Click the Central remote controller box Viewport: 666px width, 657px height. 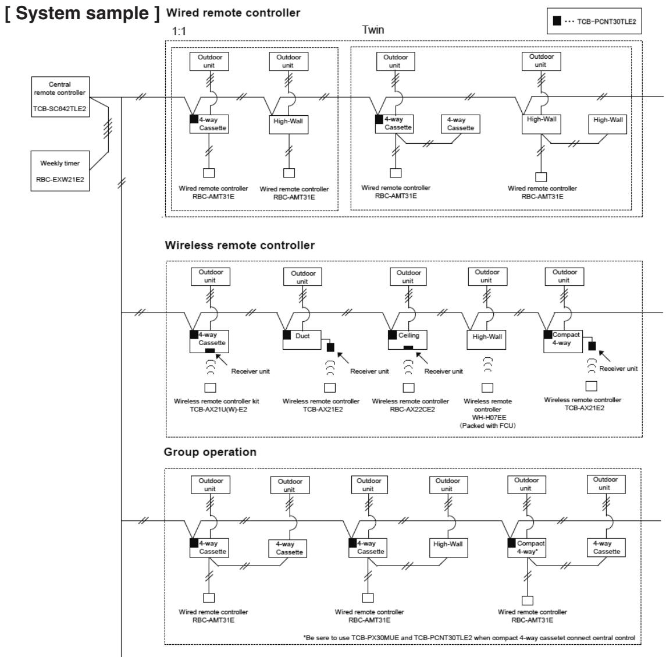pyautogui.click(x=60, y=97)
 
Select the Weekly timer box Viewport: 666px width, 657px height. pyautogui.click(x=60, y=171)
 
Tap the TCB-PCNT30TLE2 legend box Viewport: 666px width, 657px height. pyautogui.click(x=594, y=21)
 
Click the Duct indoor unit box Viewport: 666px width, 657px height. pyautogui.click(x=302, y=340)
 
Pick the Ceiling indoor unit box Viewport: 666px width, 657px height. pyautogui.click(x=407, y=339)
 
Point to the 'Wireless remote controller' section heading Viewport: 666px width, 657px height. pyautogui.click(x=240, y=245)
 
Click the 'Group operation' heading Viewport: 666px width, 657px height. pyautogui.click(x=210, y=452)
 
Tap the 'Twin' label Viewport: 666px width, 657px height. pyautogui.click(x=373, y=30)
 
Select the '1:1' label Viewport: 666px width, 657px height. pyautogui.click(x=179, y=31)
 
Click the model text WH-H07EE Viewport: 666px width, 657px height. pyautogui.click(x=489, y=417)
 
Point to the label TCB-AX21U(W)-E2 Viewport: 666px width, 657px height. pyautogui.click(x=218, y=409)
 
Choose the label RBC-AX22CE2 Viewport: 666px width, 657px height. pyautogui.click(x=412, y=409)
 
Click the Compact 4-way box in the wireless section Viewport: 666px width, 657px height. pyautogui.click(x=563, y=341)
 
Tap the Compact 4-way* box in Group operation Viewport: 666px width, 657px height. pyautogui.click(x=526, y=548)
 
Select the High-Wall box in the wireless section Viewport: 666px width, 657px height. pyautogui.click(x=487, y=340)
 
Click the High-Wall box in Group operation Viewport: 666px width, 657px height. pyautogui.click(x=448, y=548)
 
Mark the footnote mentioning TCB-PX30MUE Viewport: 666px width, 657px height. pyautogui.click(x=469, y=637)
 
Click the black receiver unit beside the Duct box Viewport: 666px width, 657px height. pyautogui.click(x=330, y=347)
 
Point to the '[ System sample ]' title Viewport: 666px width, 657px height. pyautogui.click(x=83, y=13)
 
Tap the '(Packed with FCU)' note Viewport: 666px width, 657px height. pyautogui.click(x=487, y=425)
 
